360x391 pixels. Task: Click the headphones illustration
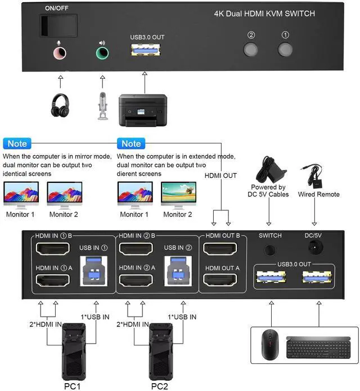pos(60,105)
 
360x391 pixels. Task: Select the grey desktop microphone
pos(103,105)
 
